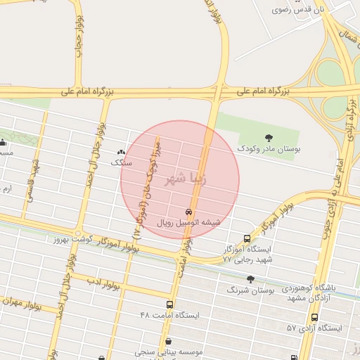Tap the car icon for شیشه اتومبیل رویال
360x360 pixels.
click(x=188, y=212)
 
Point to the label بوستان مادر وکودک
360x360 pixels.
click(x=268, y=149)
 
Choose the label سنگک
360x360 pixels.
click(x=121, y=162)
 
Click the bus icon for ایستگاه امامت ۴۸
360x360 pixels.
click(x=169, y=304)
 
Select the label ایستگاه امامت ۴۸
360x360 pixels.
click(x=169, y=316)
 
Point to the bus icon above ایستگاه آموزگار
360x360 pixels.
click(x=245, y=238)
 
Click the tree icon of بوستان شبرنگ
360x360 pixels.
click(x=250, y=279)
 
